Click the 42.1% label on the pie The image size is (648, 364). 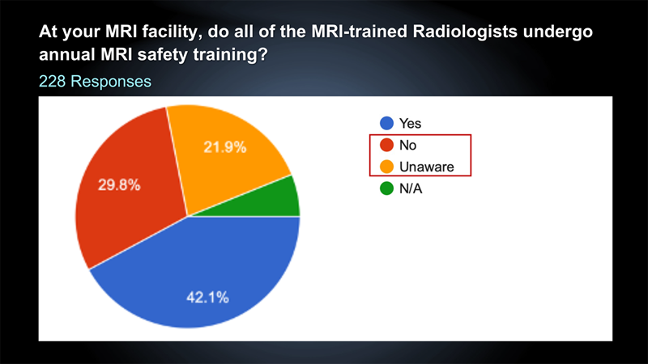coord(207,297)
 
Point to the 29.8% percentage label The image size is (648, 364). coord(119,185)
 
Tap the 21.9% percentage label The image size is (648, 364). coord(225,147)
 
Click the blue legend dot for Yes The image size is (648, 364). coord(387,123)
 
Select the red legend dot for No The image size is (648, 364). coord(387,145)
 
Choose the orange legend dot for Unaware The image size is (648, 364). coord(387,167)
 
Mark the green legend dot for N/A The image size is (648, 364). coord(387,188)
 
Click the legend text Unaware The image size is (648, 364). coord(427,167)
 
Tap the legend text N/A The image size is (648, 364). coord(411,188)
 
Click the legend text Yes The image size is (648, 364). coord(411,123)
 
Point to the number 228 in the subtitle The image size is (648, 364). coord(52,82)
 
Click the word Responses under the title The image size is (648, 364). coord(111,82)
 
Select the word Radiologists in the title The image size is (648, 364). coord(465,32)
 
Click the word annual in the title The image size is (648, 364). coord(67,54)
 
